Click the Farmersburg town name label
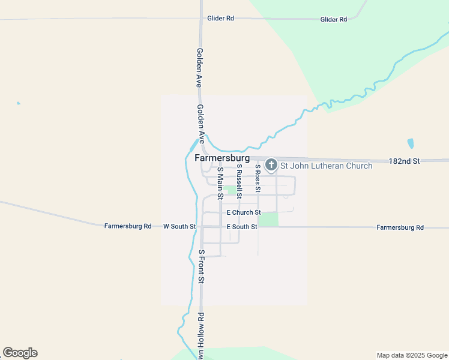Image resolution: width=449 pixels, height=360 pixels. click(223, 158)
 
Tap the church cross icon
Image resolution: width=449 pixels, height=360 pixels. click(271, 164)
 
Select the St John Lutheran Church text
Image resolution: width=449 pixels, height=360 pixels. click(318, 166)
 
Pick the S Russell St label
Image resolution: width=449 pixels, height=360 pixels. click(239, 182)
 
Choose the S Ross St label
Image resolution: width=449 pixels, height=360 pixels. click(258, 178)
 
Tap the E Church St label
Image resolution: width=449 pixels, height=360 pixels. click(243, 212)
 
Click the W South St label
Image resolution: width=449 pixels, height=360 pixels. click(179, 227)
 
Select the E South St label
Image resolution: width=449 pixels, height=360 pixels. click(242, 227)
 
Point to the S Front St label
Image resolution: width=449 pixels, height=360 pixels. click(202, 266)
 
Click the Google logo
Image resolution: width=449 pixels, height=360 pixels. click(20, 353)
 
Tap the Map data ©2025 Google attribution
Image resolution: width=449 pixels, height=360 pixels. click(411, 355)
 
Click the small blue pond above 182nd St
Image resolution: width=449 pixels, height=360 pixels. click(411, 143)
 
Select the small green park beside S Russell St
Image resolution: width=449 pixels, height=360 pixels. click(230, 190)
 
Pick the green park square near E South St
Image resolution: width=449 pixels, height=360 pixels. click(268, 220)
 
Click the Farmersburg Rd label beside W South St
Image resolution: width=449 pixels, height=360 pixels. click(128, 226)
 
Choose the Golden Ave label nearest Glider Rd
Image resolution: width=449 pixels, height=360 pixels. click(199, 68)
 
